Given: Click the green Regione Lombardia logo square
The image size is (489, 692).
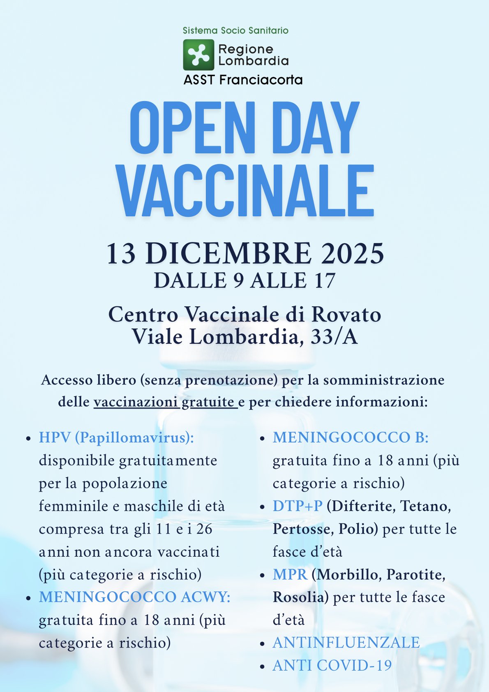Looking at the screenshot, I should point(198,55).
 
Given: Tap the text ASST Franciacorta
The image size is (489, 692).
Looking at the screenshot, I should point(243,80).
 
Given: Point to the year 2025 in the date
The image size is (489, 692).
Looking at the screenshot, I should point(353,253).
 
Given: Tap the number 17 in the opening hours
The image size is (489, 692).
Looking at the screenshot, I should point(324,281).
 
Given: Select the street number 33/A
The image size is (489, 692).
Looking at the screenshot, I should point(334,337).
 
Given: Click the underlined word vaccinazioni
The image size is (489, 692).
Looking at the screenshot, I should point(136,402).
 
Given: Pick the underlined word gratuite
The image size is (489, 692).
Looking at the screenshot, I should point(208,402).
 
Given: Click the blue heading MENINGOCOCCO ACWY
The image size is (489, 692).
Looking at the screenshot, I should point(134,597).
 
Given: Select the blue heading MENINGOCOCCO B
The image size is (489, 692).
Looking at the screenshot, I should point(350,437).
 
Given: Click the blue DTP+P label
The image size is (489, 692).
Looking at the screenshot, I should point(298,506).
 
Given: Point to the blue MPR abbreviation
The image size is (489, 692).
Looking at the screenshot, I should point(290,574).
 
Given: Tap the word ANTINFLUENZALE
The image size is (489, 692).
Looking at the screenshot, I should point(346,643).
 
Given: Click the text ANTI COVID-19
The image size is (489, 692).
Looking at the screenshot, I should point(332,666).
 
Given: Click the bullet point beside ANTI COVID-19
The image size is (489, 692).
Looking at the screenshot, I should point(262,667).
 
